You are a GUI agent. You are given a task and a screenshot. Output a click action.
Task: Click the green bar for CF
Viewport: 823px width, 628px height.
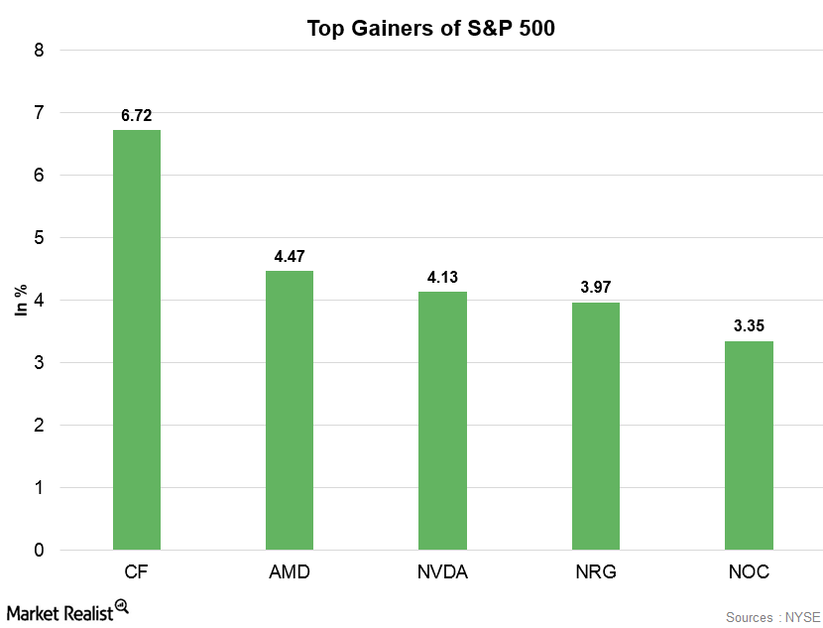pyautogui.click(x=137, y=339)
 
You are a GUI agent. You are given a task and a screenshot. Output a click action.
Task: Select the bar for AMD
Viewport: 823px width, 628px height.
pyautogui.click(x=290, y=410)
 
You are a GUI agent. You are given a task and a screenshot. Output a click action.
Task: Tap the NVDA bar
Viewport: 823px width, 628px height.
pyautogui.click(x=442, y=421)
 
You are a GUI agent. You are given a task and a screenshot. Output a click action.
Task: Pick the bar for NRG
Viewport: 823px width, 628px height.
pyautogui.click(x=596, y=426)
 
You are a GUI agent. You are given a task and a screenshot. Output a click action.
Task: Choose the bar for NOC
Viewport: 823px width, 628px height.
pyautogui.click(x=749, y=444)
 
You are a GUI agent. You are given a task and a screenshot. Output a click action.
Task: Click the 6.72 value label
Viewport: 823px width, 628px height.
pyautogui.click(x=137, y=116)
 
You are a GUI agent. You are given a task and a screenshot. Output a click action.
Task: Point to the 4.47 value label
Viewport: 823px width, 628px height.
pyautogui.click(x=290, y=257)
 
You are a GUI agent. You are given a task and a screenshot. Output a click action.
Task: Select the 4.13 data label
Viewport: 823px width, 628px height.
pyautogui.click(x=442, y=278)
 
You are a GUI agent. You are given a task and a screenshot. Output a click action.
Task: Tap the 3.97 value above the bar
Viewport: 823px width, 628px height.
pyautogui.click(x=596, y=288)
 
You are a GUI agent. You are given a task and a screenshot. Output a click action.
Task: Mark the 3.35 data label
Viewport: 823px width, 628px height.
pyautogui.click(x=749, y=326)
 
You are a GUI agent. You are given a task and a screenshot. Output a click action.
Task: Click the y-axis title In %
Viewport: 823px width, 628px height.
pyautogui.click(x=21, y=300)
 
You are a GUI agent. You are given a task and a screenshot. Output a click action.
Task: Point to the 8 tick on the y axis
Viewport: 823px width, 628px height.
pyautogui.click(x=39, y=51)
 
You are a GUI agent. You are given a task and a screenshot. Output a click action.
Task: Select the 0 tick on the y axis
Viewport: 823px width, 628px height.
pyautogui.click(x=39, y=551)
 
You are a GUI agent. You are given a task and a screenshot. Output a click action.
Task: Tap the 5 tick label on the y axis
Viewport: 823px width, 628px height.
pyautogui.click(x=39, y=238)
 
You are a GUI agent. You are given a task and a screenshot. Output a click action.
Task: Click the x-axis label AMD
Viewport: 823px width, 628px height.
pyautogui.click(x=290, y=573)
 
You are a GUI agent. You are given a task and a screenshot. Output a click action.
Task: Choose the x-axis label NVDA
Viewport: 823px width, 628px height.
pyautogui.click(x=442, y=573)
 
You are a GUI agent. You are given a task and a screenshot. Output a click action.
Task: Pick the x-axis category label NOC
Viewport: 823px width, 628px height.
pyautogui.click(x=749, y=573)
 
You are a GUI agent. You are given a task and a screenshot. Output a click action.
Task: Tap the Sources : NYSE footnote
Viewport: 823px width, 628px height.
pyautogui.click(x=768, y=617)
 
